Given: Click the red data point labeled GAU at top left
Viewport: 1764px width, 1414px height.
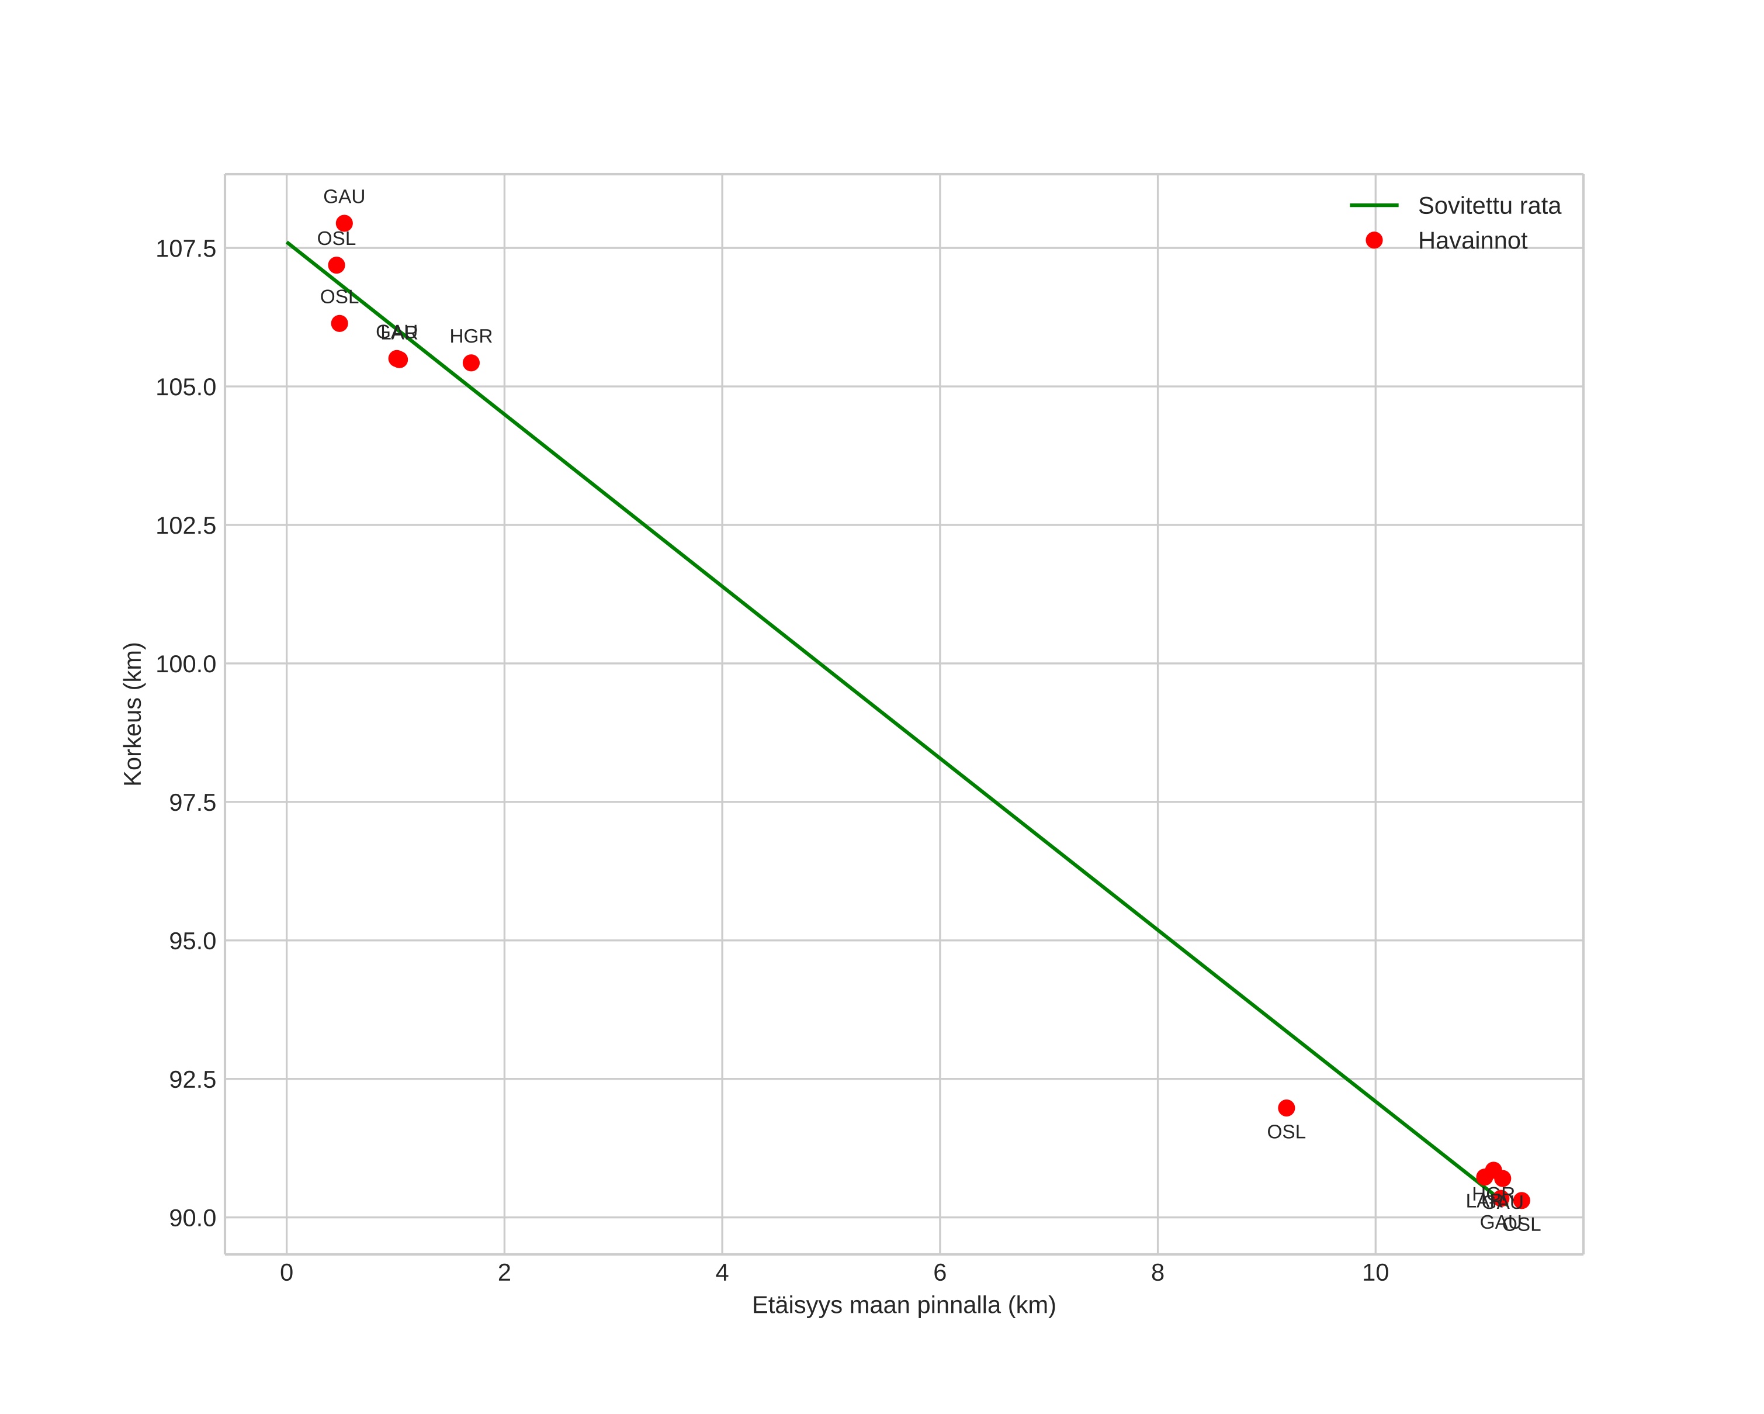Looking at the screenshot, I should point(345,223).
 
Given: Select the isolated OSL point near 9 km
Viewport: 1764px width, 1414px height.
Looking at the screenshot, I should point(1286,1108).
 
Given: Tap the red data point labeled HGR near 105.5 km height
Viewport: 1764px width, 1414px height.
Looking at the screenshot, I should point(472,362).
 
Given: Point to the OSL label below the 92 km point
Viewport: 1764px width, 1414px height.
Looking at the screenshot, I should point(1286,1132).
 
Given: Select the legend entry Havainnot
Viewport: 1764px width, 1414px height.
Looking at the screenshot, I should point(1472,241).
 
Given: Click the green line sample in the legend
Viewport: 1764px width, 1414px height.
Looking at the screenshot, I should point(1374,205).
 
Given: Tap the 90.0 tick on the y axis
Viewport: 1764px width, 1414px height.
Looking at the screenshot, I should point(192,1218).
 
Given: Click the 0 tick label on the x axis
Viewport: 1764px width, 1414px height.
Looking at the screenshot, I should point(286,1273).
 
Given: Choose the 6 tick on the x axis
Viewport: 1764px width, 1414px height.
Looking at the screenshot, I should point(940,1273).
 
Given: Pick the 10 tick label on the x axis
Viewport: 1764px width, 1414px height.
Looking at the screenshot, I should point(1375,1273).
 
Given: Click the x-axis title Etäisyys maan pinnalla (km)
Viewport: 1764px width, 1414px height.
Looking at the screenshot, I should point(904,1305).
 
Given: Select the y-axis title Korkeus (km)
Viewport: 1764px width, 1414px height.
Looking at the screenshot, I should point(133,714).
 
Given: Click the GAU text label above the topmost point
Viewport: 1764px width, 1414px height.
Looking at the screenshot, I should point(345,197).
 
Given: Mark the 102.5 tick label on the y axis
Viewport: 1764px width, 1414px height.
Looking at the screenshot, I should point(186,526).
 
